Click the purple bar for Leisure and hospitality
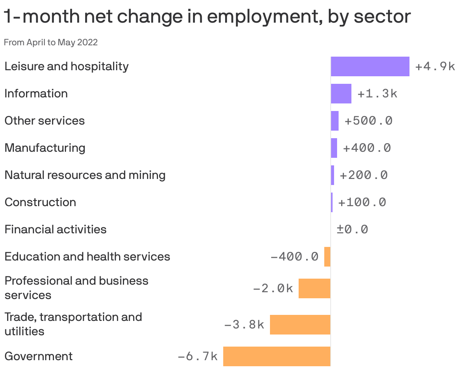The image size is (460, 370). [370, 66]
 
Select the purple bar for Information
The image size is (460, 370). [341, 94]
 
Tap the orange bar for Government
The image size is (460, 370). [277, 356]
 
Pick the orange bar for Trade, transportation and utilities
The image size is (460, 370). [300, 324]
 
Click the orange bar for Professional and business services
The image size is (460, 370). [314, 288]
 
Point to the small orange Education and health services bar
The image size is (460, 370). [327, 257]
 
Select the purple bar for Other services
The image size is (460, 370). [335, 121]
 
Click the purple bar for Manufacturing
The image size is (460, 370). [334, 148]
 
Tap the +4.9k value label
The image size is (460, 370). [435, 66]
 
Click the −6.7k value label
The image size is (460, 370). [198, 356]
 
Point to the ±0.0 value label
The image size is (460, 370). [352, 230]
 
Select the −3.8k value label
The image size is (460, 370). [244, 324]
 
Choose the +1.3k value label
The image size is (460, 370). [377, 94]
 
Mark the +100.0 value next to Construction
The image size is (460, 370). [362, 202]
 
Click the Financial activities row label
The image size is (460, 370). [55, 230]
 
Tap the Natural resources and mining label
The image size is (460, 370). [85, 175]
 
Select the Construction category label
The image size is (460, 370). [40, 202]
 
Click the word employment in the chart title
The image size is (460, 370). [260, 17]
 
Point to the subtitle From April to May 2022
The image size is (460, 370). [51, 42]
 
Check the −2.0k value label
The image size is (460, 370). [273, 288]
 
